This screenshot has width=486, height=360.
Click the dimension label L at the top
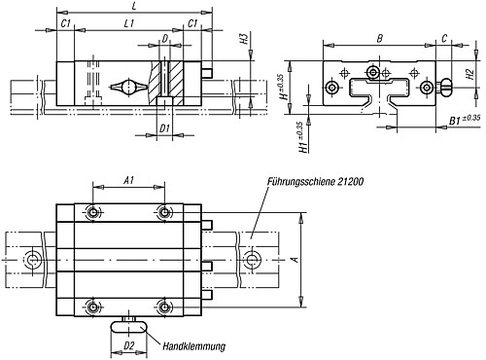(x=134, y=6)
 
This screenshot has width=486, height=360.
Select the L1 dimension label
(x=129, y=23)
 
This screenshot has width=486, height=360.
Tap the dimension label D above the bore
(x=165, y=39)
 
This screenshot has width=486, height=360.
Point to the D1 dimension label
(x=165, y=128)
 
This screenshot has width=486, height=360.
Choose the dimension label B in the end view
(x=379, y=39)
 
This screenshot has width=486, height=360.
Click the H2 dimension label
(x=470, y=75)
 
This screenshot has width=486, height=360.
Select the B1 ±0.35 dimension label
(x=465, y=120)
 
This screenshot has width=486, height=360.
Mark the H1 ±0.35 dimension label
(x=302, y=137)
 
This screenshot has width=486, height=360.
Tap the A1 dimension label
(x=129, y=180)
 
